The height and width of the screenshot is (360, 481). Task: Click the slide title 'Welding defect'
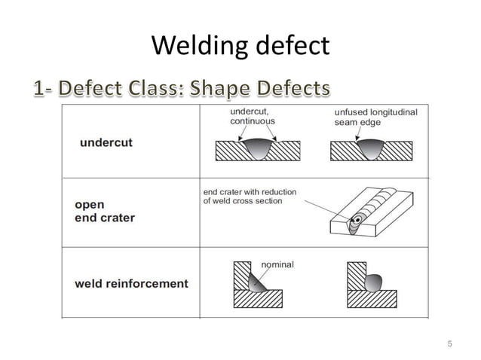(x=240, y=47)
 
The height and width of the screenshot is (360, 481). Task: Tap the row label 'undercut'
(x=106, y=143)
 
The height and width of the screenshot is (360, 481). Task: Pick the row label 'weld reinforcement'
(x=131, y=284)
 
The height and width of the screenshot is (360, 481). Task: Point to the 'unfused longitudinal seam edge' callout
(x=375, y=117)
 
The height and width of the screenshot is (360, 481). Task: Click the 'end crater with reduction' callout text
(x=250, y=197)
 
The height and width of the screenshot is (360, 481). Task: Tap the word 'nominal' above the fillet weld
(x=277, y=264)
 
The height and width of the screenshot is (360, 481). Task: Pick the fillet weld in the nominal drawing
(x=257, y=282)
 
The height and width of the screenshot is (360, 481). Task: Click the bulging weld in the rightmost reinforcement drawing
(x=371, y=282)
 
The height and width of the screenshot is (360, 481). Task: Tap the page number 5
(x=449, y=344)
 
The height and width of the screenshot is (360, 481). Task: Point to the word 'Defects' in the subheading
(x=295, y=90)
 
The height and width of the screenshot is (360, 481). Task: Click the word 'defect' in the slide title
(x=290, y=47)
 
